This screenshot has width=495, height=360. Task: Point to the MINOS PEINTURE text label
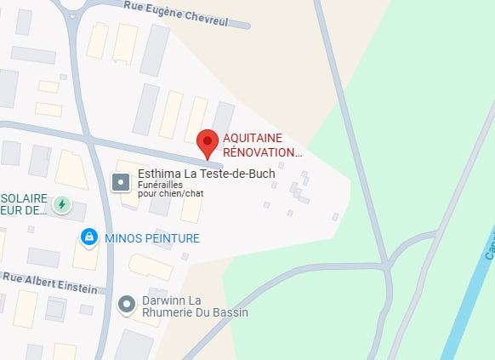pyautogui.click(x=152, y=238)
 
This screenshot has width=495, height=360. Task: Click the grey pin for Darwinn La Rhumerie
pyautogui.click(x=127, y=304)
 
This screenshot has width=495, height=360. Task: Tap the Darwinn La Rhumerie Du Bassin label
pyautogui.click(x=195, y=307)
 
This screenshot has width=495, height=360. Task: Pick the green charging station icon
pyautogui.click(x=61, y=204)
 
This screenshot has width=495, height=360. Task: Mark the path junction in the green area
pyautogui.click(x=388, y=265)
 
